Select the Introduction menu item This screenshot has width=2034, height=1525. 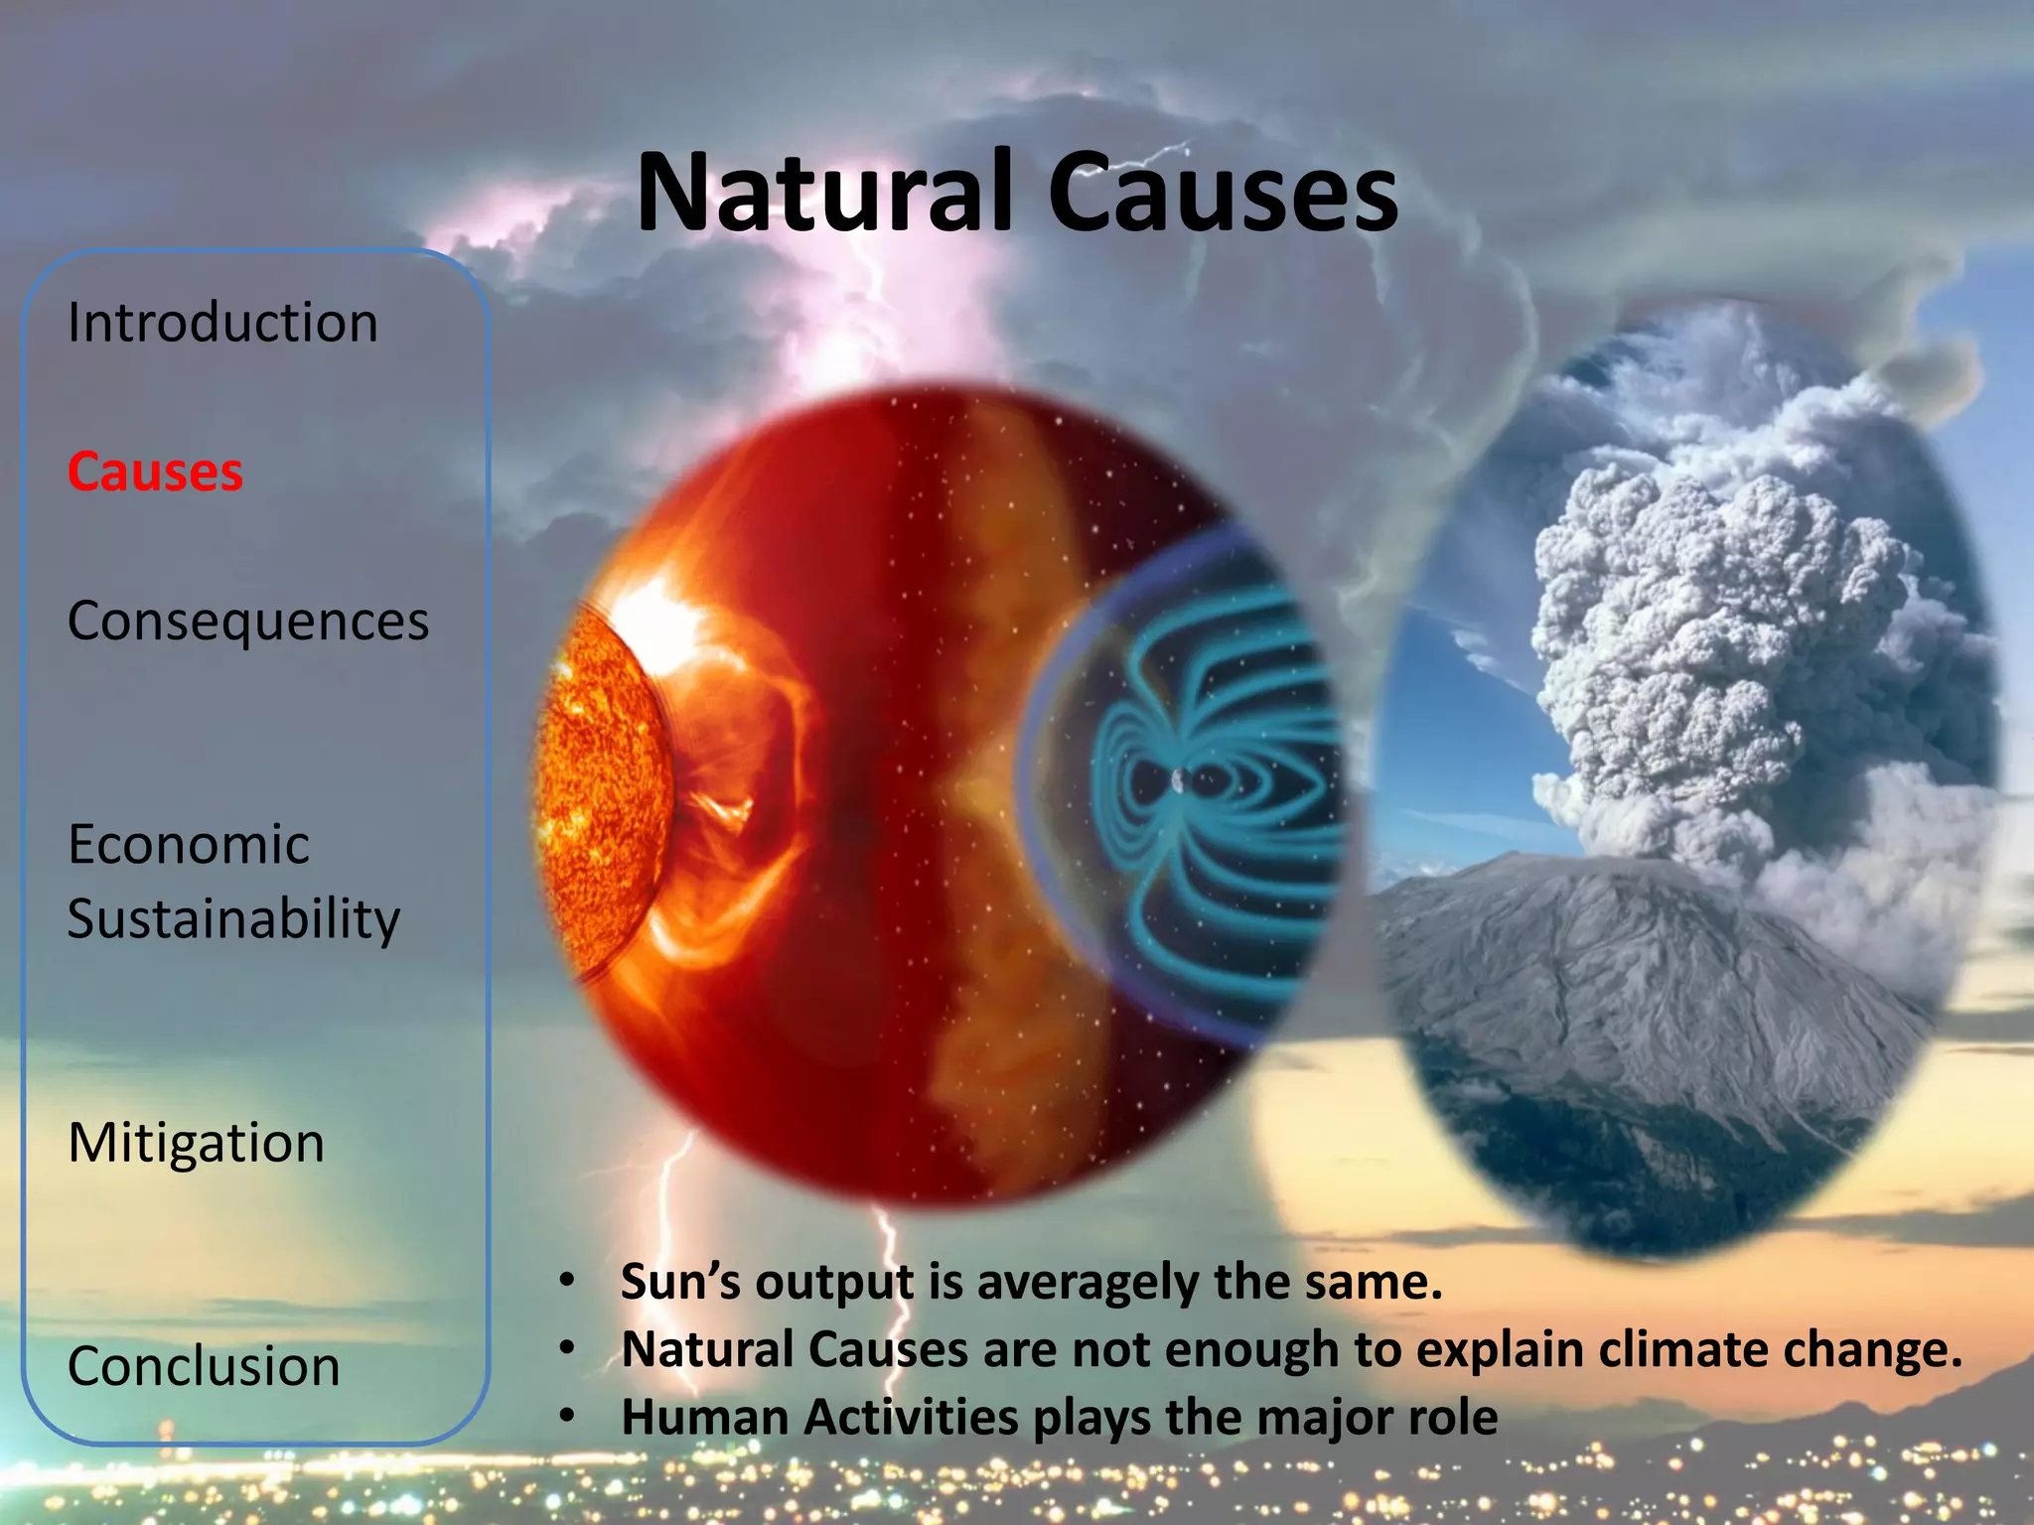pyautogui.click(x=222, y=323)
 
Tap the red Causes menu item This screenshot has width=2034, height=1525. pyautogui.click(x=155, y=472)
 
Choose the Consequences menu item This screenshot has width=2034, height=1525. pyautogui.click(x=248, y=622)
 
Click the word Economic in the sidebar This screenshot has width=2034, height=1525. pyautogui.click(x=189, y=845)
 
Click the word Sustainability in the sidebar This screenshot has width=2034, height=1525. pyautogui.click(x=234, y=919)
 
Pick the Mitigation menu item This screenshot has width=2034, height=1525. pyautogui.click(x=197, y=1143)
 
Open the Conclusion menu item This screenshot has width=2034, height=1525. pyautogui.click(x=204, y=1366)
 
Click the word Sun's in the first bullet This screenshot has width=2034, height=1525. pyautogui.click(x=680, y=1282)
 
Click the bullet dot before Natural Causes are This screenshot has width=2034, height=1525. pyautogui.click(x=567, y=1348)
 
